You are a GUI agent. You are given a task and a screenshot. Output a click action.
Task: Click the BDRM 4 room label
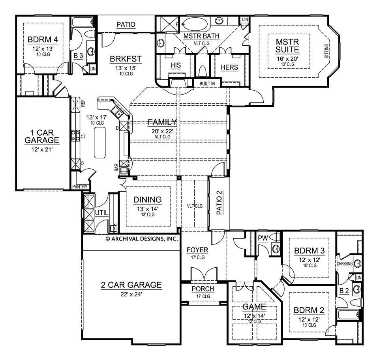point(43,40)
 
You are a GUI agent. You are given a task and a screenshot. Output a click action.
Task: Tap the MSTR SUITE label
point(287,46)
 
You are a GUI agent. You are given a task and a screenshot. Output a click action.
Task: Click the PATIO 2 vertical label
point(220,203)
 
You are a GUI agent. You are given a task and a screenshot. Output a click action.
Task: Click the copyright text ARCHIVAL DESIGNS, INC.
point(142,239)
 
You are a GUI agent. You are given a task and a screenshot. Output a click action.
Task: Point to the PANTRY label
point(80,187)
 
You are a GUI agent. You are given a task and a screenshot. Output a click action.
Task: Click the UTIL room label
point(101,213)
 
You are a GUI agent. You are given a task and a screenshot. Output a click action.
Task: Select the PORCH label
point(203,289)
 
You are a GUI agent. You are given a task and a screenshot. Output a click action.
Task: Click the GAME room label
point(254,307)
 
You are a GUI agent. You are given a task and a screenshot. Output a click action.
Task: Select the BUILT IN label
point(207,84)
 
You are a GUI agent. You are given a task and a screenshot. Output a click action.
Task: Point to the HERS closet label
point(229,67)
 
